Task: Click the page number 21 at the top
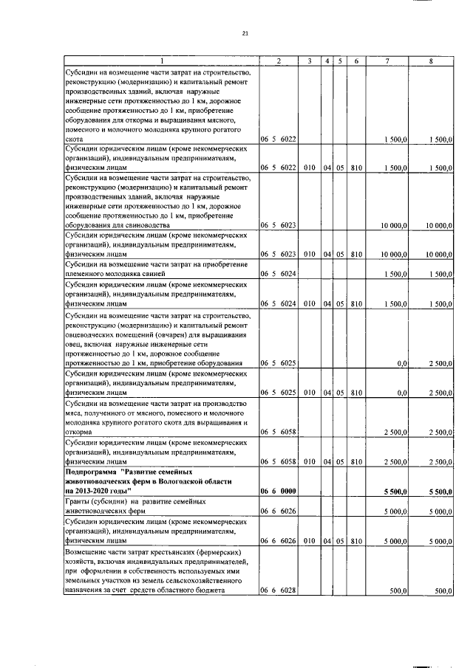click(245, 32)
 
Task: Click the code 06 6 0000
click(278, 490)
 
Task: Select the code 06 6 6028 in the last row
click(278, 590)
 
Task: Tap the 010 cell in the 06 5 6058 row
click(309, 461)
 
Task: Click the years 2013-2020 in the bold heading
click(97, 490)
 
